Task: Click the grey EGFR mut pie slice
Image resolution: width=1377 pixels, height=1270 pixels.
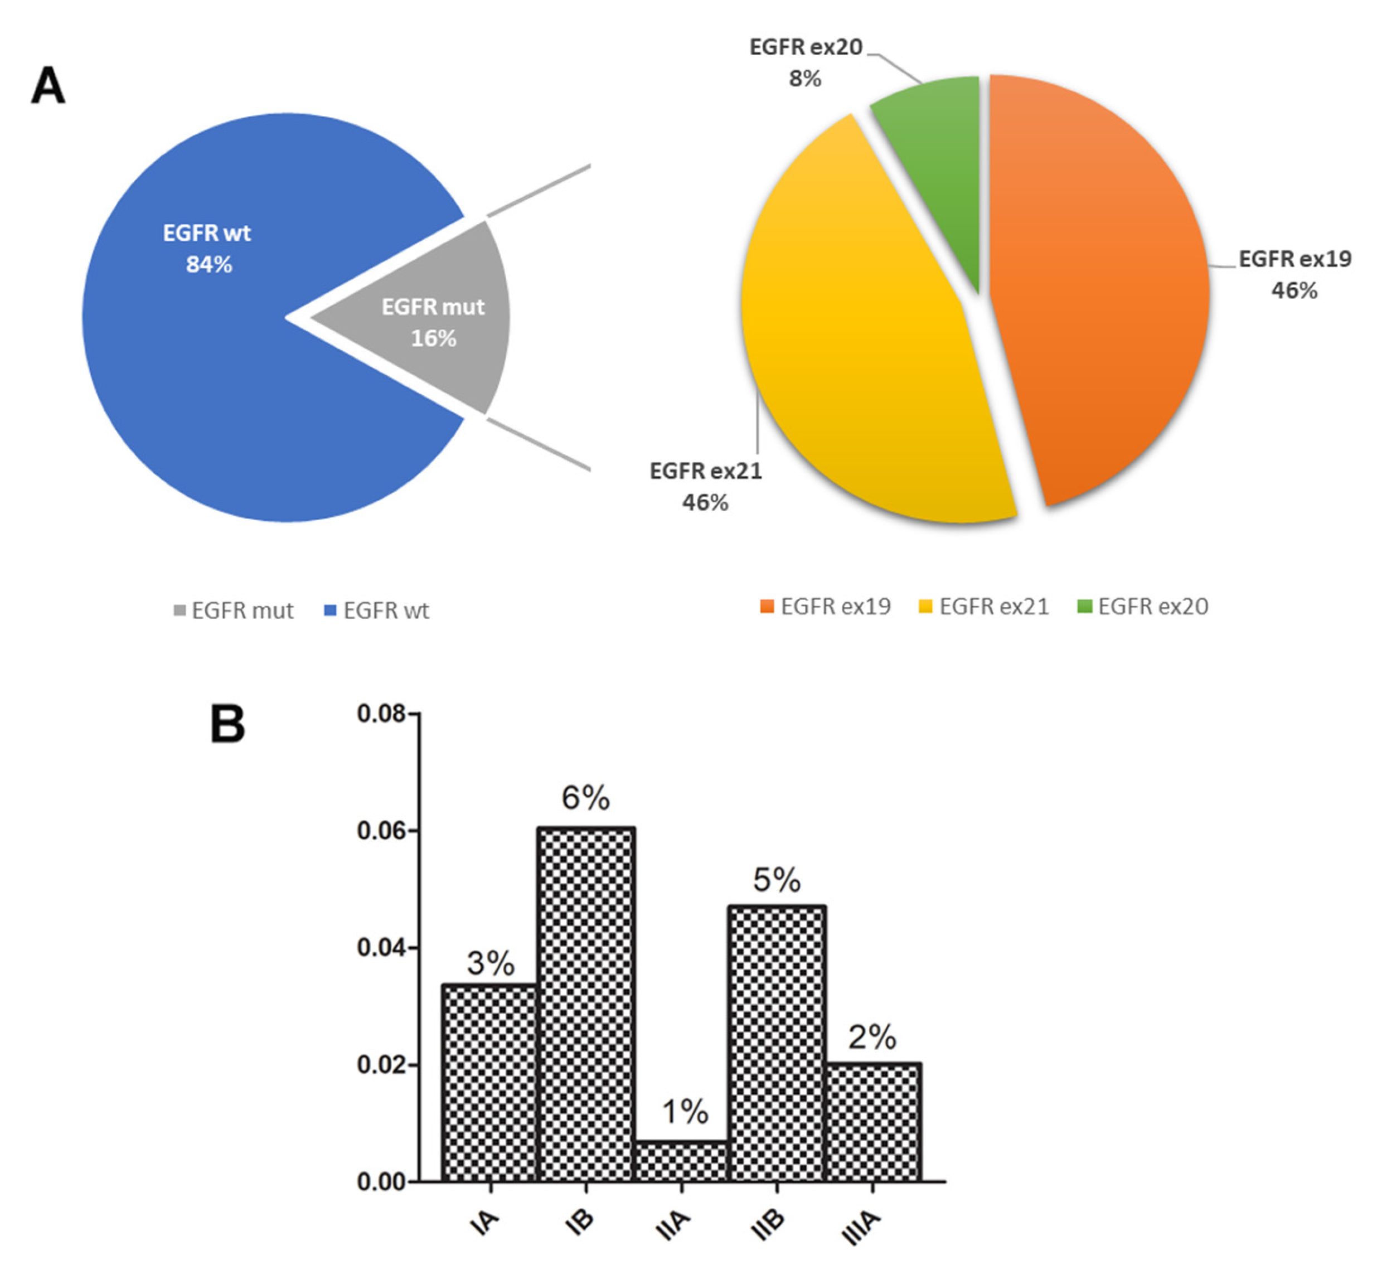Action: (440, 323)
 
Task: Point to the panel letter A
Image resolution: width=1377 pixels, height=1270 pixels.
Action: (48, 86)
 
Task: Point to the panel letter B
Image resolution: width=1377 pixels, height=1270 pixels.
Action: (227, 724)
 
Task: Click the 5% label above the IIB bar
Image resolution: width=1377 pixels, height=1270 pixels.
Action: (777, 880)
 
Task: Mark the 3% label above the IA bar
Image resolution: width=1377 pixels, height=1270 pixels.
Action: (491, 963)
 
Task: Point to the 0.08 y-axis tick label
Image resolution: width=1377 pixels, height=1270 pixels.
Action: (381, 714)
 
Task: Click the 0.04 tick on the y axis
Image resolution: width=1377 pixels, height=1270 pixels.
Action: (381, 948)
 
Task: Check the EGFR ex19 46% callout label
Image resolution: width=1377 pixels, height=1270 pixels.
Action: (1294, 275)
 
